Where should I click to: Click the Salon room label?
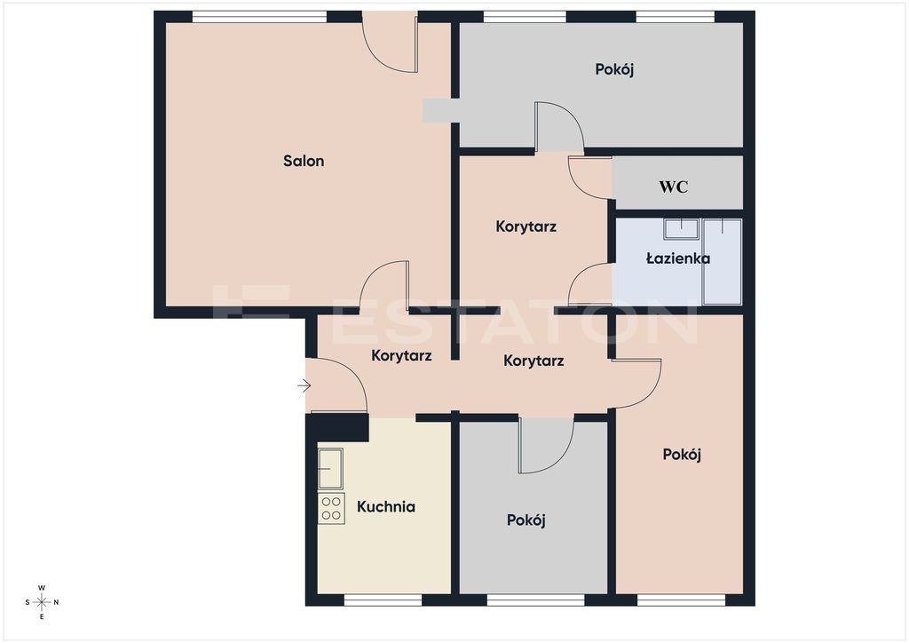coord(304,161)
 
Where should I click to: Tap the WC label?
coord(673,187)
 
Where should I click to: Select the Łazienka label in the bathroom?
coord(677,258)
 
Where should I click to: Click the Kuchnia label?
coord(385,507)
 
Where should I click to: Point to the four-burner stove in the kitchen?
coord(331,509)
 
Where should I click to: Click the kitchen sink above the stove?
coord(330,468)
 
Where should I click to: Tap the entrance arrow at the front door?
coord(304,385)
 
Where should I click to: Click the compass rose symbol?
coord(42,602)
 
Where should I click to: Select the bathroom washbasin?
coord(681,229)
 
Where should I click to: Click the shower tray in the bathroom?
coord(722,261)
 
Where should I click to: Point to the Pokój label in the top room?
coord(614,69)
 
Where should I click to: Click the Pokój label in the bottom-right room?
coord(682,454)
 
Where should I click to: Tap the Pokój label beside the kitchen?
coord(526,520)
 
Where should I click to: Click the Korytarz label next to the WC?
coord(526,226)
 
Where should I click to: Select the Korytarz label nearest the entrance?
coord(401,355)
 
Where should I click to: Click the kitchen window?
coord(383,600)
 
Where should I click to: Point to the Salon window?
coord(260,17)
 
